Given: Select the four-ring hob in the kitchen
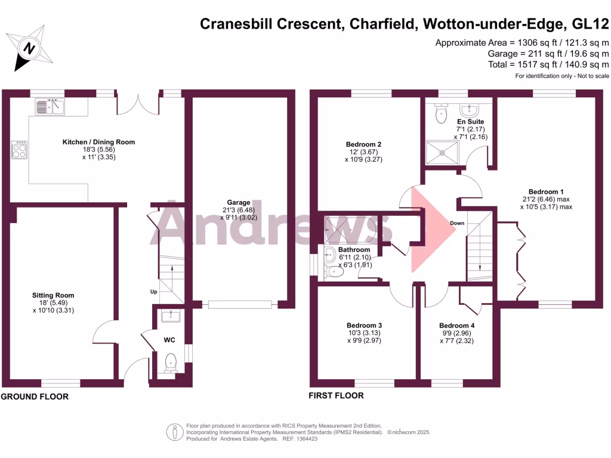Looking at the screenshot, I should (x=19, y=149).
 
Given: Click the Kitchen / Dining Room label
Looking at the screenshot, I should (x=99, y=142).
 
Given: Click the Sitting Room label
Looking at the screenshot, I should (x=53, y=295).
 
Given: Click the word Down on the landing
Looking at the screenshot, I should (x=458, y=224).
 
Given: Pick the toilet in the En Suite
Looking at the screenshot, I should (x=442, y=113).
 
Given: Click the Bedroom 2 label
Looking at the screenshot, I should (x=363, y=144).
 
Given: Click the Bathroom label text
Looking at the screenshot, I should (x=354, y=250).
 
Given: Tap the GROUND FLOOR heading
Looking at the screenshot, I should (x=35, y=397).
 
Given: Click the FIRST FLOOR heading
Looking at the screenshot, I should (x=336, y=395).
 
